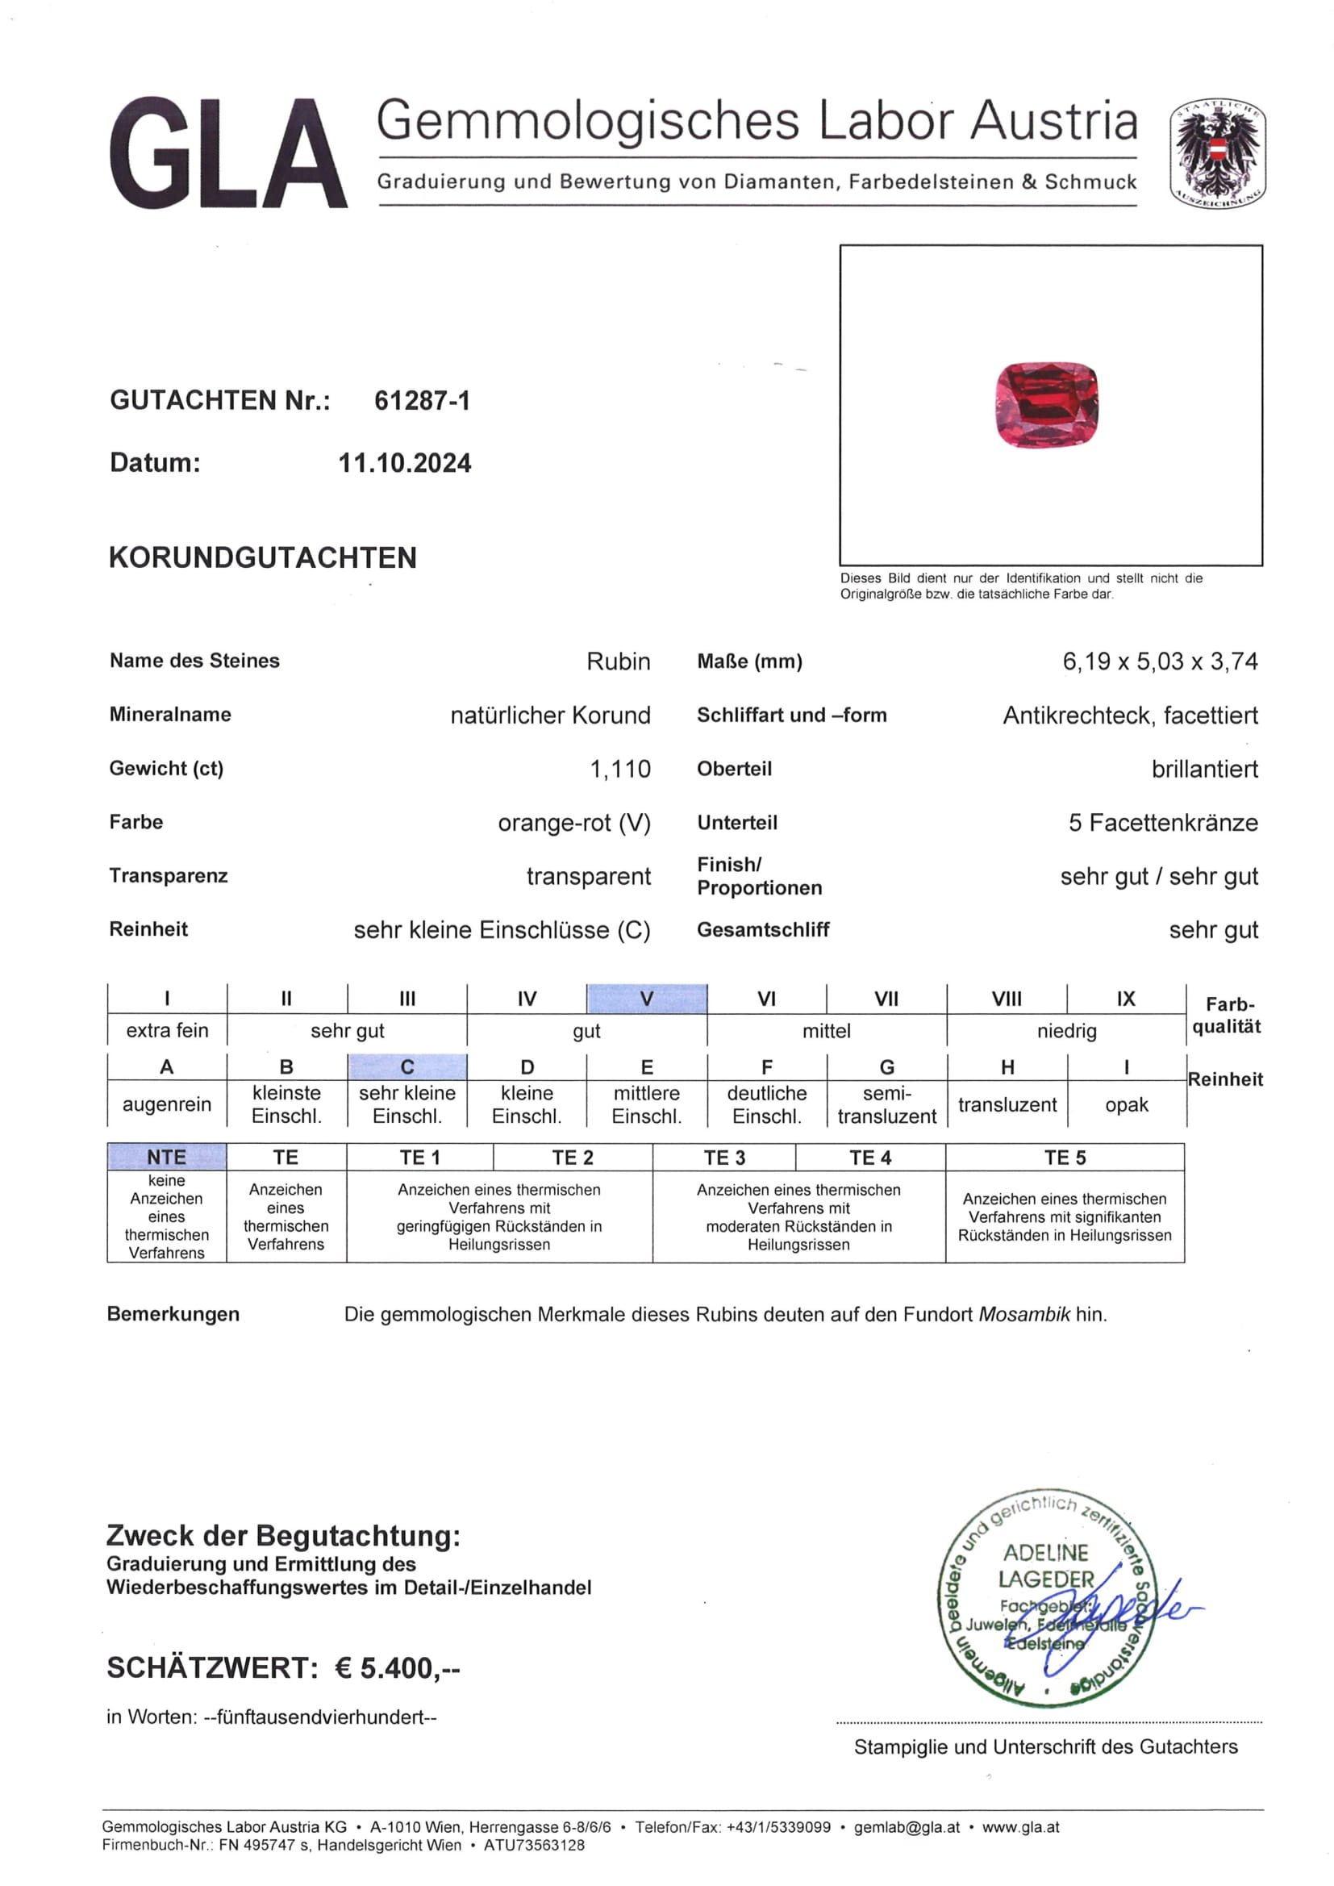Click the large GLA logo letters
coord(227,153)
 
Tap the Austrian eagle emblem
coord(1217,152)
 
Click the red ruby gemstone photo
coord(1047,405)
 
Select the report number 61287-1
coord(422,401)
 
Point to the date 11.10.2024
coord(405,463)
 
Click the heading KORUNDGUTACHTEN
coord(263,557)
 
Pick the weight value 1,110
coord(620,769)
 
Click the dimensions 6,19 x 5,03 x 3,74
coord(1160,661)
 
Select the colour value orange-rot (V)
coord(574,822)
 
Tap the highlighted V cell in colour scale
coord(647,999)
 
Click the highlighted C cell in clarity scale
coord(407,1067)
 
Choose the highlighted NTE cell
coord(167,1157)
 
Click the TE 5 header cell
coord(1065,1158)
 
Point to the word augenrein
coord(167,1105)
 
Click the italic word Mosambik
coord(1024,1314)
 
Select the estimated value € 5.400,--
coord(398,1668)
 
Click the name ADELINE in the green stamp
coord(1046,1553)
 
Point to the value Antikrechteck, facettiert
coord(1130,716)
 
